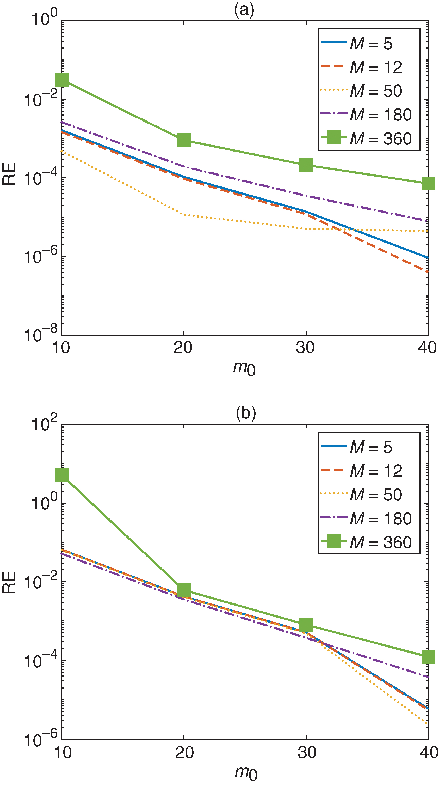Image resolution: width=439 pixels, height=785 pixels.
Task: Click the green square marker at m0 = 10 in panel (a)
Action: (61, 80)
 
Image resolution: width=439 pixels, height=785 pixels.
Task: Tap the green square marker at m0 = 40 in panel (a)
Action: (428, 183)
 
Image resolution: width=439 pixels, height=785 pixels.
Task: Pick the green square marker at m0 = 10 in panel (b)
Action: (61, 474)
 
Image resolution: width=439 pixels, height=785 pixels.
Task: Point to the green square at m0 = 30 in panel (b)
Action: (306, 625)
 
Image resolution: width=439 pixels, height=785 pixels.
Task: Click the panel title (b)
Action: (246, 413)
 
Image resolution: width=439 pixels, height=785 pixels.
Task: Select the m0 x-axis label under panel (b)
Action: (246, 773)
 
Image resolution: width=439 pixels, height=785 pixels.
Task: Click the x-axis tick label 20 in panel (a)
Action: (183, 347)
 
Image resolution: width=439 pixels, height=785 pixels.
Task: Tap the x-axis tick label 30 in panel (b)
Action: (307, 752)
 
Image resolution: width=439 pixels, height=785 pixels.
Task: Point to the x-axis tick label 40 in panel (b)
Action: (429, 752)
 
